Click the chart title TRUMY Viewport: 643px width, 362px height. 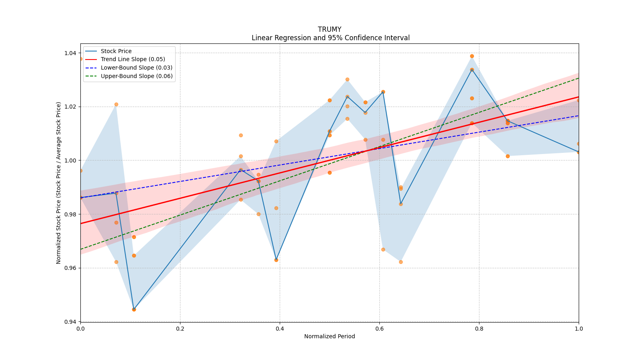pyautogui.click(x=330, y=29)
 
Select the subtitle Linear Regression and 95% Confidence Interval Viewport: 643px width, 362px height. pyautogui.click(x=330, y=38)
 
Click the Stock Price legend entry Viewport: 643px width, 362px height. pyautogui.click(x=116, y=51)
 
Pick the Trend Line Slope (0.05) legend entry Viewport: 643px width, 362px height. pyautogui.click(x=133, y=60)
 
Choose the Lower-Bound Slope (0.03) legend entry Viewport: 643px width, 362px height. pyautogui.click(x=136, y=68)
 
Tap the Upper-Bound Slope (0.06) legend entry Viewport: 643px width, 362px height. pyautogui.click(x=137, y=76)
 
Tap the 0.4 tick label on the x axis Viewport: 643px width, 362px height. pyautogui.click(x=280, y=329)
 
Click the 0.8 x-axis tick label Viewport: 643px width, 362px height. pyautogui.click(x=479, y=329)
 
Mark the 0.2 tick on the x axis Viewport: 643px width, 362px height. pyautogui.click(x=180, y=329)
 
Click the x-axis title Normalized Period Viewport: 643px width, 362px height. pyautogui.click(x=330, y=336)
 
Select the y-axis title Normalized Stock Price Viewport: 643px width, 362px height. pyautogui.click(x=59, y=183)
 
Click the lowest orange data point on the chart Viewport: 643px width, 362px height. pyautogui.click(x=134, y=309)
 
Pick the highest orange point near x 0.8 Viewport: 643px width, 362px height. pyautogui.click(x=472, y=56)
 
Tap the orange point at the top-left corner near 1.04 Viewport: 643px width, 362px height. pyautogui.click(x=81, y=59)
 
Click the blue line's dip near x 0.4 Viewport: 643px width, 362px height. pyautogui.click(x=276, y=260)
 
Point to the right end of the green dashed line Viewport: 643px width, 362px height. pyautogui.click(x=578, y=78)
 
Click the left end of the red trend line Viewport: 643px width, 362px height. pyautogui.click(x=81, y=224)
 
